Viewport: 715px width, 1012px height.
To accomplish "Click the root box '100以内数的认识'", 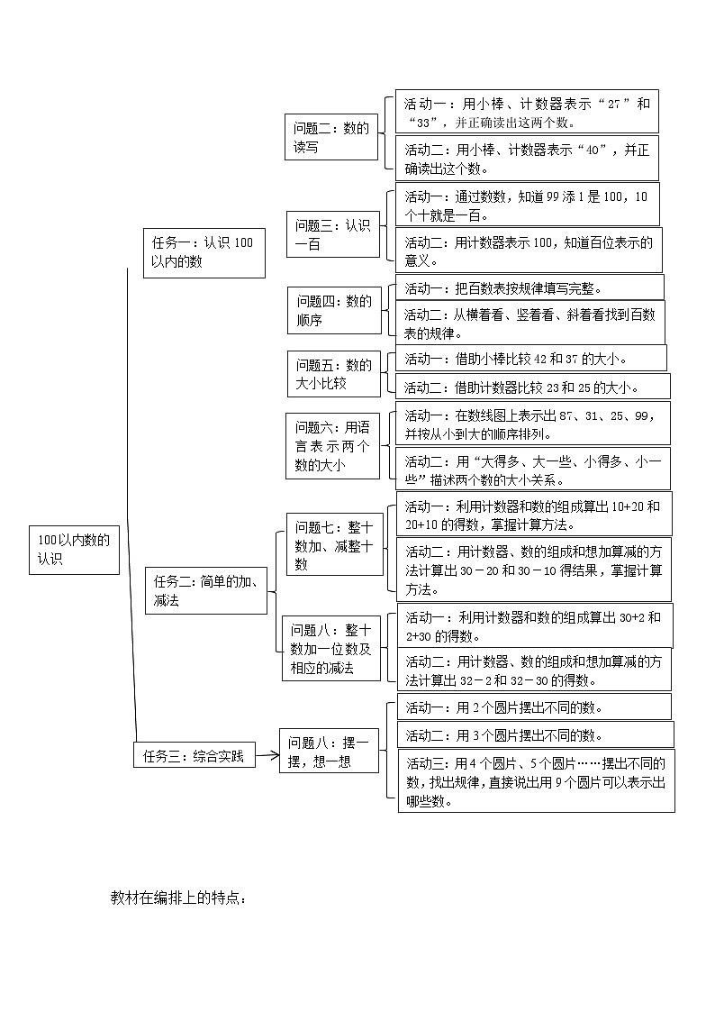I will coord(74,549).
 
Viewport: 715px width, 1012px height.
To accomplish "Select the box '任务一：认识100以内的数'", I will coord(204,252).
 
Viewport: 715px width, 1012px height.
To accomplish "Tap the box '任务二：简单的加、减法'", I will coord(205,590).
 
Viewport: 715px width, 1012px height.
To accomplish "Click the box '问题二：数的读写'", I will coord(331,138).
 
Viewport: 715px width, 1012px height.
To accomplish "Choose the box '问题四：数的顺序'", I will coord(333,310).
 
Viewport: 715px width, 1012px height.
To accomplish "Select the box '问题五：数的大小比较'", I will coord(333,373).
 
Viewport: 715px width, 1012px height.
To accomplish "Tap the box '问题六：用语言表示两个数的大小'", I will coord(332,446).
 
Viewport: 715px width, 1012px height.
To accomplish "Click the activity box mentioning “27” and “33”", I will coord(527,113).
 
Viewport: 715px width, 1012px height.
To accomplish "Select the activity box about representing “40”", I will coord(527,159).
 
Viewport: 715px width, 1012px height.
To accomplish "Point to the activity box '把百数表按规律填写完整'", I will coord(529,288).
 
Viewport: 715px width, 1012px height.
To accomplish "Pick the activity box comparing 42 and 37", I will coord(531,359).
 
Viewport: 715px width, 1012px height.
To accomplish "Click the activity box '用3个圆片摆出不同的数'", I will coord(535,735).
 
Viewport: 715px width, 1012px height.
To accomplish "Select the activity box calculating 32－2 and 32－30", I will coord(536,670).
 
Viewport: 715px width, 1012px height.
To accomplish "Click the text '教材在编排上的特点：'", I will coord(179,898).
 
